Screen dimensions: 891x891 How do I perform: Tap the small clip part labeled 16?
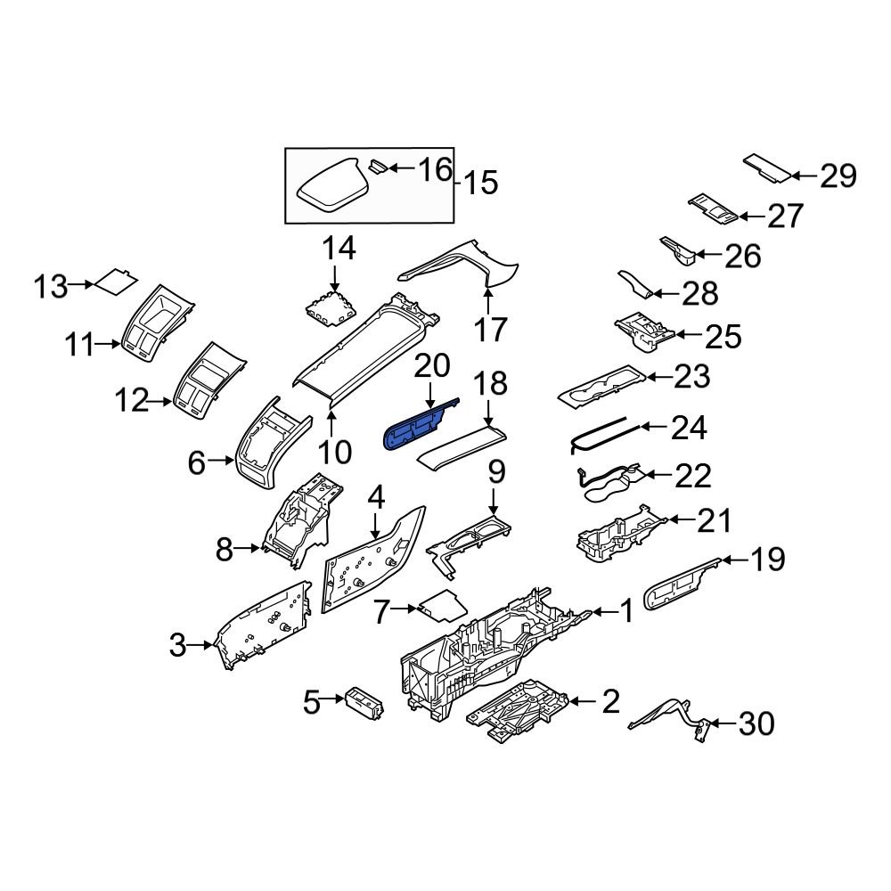point(378,166)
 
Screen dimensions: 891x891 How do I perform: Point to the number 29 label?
point(838,176)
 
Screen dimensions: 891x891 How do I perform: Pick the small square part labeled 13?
point(116,282)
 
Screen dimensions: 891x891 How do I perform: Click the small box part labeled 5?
point(364,701)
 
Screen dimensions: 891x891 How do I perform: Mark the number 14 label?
point(339,249)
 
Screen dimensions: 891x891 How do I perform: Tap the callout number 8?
point(225,551)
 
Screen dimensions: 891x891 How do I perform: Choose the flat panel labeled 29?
point(767,167)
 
